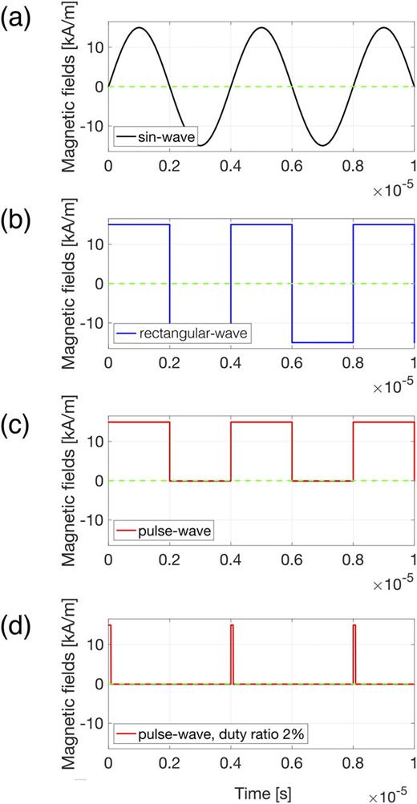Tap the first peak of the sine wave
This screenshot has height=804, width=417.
139,28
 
